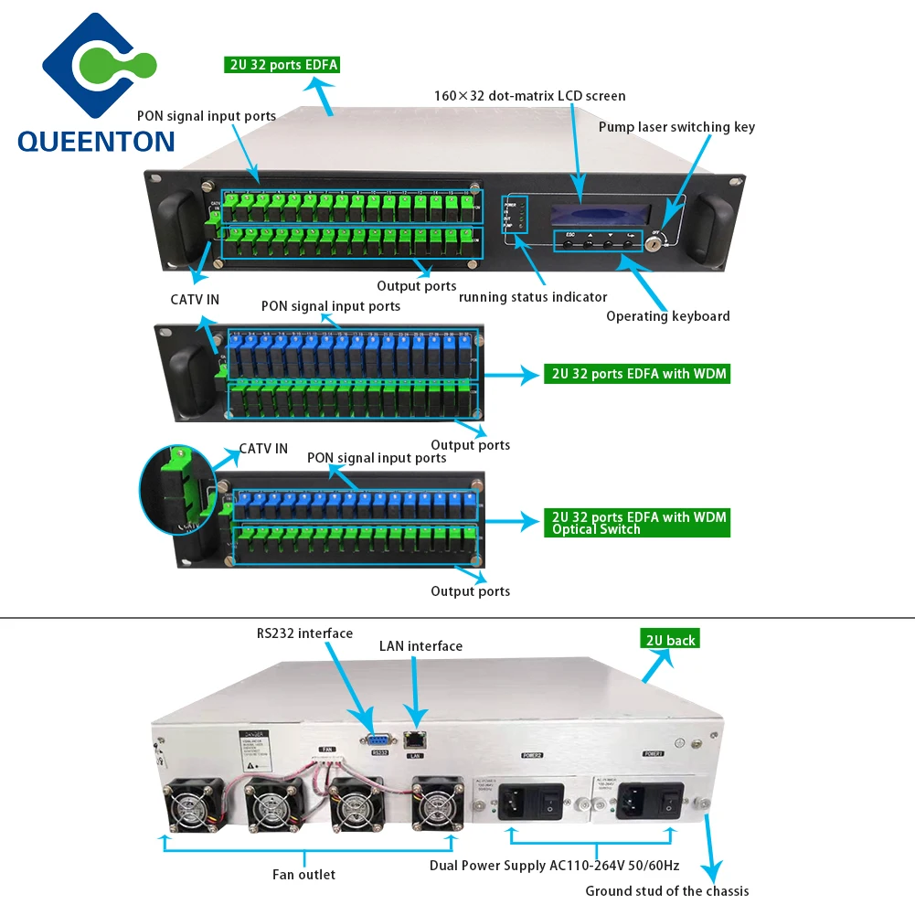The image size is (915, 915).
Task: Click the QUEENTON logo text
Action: [x=95, y=140]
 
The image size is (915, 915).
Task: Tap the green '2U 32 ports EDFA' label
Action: [x=282, y=65]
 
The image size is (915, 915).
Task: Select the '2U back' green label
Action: [x=669, y=640]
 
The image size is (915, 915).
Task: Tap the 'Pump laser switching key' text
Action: [x=676, y=127]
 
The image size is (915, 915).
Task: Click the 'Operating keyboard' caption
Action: [x=667, y=316]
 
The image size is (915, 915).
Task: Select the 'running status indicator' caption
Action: [x=533, y=297]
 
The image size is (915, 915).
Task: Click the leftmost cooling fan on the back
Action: [x=193, y=804]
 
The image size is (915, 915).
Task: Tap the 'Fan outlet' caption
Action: [x=303, y=875]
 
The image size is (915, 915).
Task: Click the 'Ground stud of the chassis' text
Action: [x=666, y=891]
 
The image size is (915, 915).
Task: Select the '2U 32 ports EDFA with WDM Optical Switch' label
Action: [x=636, y=523]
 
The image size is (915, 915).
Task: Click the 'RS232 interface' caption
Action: [x=303, y=633]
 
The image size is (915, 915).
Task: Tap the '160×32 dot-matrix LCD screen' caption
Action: [x=529, y=95]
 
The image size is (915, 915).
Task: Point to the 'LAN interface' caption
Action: [x=420, y=646]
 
